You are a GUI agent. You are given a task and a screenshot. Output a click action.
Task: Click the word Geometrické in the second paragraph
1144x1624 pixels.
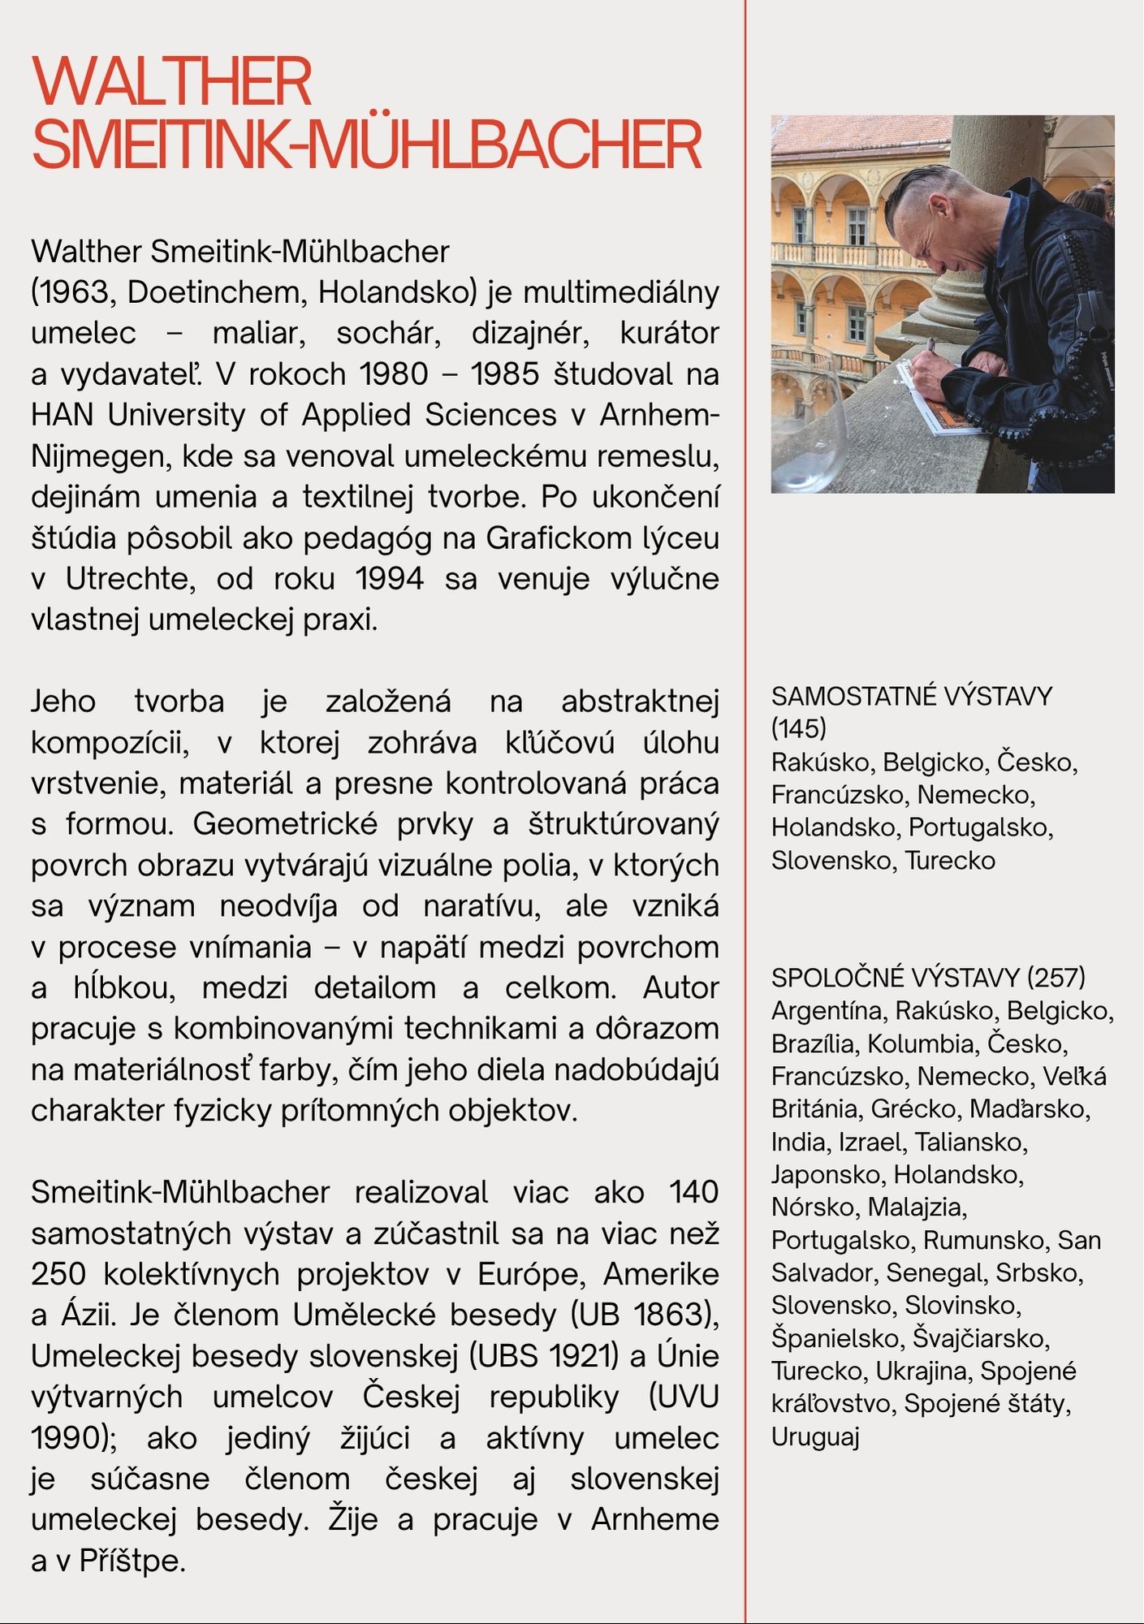(285, 824)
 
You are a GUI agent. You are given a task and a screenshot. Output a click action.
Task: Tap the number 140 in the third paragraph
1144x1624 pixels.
(694, 1192)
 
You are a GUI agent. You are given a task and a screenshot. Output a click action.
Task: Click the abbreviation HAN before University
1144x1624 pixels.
(62, 415)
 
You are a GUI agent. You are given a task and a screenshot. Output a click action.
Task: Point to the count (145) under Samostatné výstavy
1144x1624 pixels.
(799, 728)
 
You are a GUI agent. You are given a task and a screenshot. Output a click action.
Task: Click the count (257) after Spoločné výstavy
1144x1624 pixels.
(1056, 977)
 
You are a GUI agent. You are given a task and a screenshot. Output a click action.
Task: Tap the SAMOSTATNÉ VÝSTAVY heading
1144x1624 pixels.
(911, 696)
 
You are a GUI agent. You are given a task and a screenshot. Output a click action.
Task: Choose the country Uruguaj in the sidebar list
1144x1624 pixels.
(815, 1436)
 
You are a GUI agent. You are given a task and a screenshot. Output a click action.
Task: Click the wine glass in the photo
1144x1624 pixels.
(808, 430)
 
